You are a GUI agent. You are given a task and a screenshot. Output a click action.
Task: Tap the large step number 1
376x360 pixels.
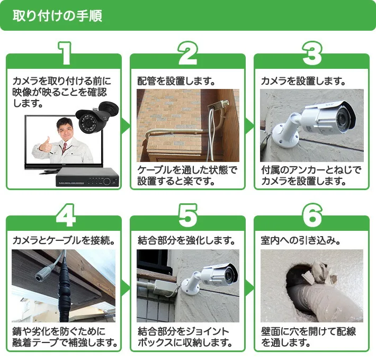tap(64, 53)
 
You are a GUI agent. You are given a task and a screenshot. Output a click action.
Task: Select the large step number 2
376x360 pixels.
tap(187, 53)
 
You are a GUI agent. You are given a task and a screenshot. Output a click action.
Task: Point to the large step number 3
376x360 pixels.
tap(311, 53)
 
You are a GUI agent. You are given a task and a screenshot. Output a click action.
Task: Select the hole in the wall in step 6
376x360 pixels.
tap(305, 286)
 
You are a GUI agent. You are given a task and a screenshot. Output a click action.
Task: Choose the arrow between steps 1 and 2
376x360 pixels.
tap(126, 125)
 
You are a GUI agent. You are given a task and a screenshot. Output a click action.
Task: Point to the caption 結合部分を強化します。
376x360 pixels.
tap(186, 240)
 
